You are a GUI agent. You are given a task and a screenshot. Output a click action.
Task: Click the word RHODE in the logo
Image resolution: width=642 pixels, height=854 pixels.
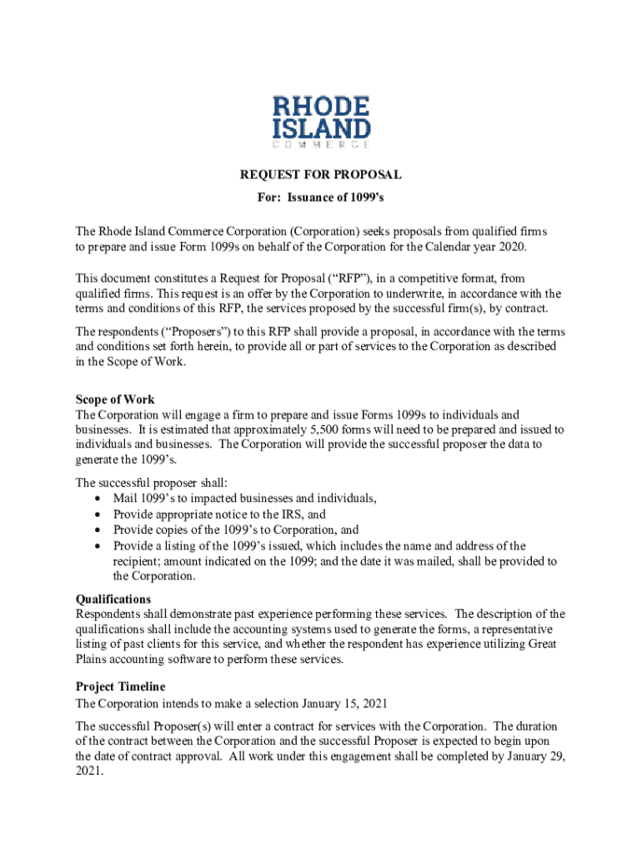tap(321, 107)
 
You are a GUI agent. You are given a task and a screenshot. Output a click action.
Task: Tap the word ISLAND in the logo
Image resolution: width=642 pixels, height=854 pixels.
tap(321, 128)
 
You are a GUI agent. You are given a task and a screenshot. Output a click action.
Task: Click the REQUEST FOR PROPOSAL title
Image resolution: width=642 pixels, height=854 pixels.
tap(321, 174)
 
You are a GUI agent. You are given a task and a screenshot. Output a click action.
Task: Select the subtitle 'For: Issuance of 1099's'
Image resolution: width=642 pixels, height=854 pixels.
tap(321, 200)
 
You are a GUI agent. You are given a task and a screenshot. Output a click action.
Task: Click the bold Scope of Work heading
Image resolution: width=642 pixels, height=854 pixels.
tap(115, 399)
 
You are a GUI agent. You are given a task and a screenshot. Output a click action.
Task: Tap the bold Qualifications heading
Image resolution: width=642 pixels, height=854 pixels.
tap(113, 599)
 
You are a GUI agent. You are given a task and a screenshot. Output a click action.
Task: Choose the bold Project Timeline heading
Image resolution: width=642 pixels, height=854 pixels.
tap(120, 686)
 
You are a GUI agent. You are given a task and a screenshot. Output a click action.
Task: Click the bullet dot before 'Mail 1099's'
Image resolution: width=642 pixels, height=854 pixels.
tap(99, 499)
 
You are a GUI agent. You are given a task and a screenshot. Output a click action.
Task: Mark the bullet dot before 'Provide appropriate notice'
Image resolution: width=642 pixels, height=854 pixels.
tap(99, 515)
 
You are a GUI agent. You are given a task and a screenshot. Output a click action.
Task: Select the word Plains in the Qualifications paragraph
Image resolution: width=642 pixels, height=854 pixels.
tap(93, 659)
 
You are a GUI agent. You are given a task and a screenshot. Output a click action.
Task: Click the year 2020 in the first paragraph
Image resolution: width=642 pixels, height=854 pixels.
tap(512, 249)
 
